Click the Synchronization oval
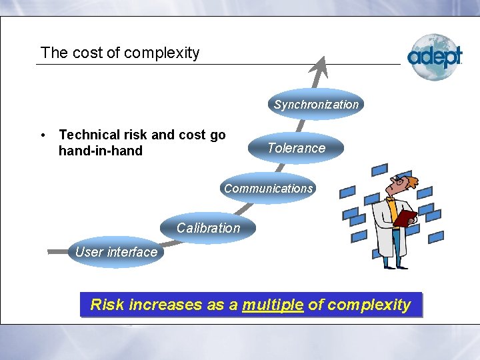[316, 104]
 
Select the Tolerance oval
[296, 148]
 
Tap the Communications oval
[268, 188]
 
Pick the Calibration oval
[208, 228]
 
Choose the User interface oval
[116, 252]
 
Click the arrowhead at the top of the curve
[324, 65]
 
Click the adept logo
[435, 57]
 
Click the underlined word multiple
[273, 305]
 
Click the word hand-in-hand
[101, 151]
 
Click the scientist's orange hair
[411, 181]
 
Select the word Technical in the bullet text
[88, 135]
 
